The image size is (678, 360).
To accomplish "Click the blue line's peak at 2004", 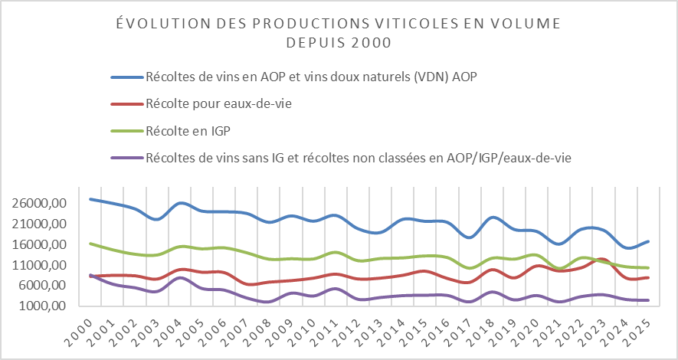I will coord(180,203).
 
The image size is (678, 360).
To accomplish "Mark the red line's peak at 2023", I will coord(602,260).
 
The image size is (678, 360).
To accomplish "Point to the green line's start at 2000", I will coord(91,244).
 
